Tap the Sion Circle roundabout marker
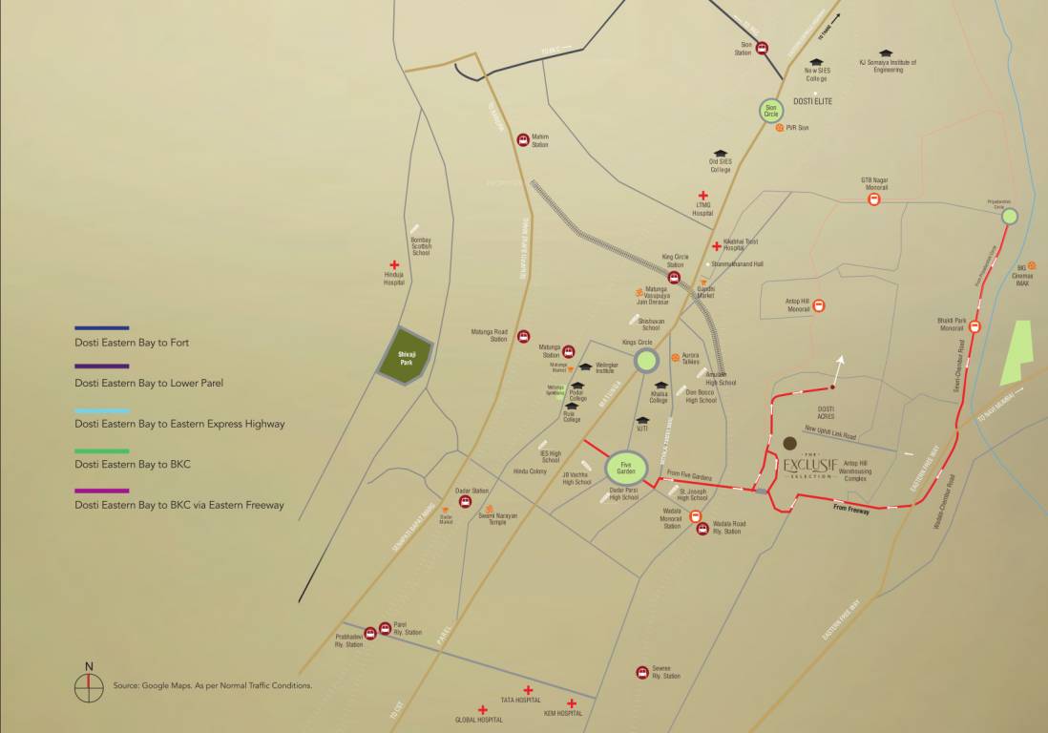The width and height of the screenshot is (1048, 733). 771,112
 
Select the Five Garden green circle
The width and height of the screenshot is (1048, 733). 621,468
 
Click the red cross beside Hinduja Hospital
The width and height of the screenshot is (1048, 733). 394,265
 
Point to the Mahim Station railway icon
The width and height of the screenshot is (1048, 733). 523,140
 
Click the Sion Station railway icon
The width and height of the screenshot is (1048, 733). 763,48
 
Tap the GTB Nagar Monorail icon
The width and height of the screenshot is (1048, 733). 873,199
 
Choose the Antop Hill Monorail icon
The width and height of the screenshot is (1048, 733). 820,306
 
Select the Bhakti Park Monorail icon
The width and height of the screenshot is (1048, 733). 975,326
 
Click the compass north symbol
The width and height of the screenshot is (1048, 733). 89,687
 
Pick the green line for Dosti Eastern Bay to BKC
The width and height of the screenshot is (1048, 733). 102,450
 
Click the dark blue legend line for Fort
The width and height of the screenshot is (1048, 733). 102,328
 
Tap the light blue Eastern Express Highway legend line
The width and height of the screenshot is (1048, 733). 102,409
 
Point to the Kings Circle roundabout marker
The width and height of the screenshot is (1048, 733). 646,360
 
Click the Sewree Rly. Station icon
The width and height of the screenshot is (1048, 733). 642,673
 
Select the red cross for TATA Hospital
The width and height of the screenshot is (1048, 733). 527,689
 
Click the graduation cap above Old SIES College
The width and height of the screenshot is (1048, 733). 721,154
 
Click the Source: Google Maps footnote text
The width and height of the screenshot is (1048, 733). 212,685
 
